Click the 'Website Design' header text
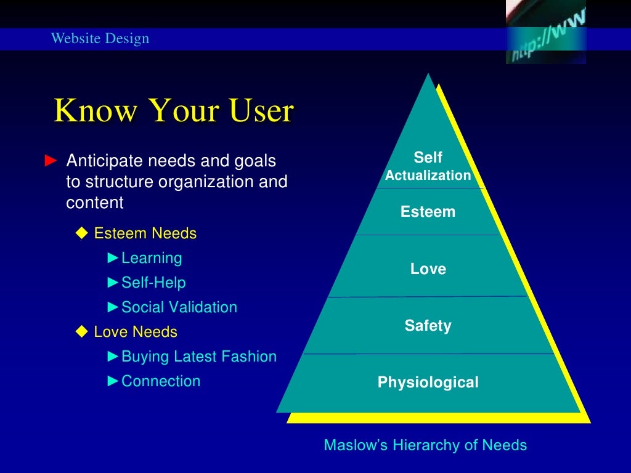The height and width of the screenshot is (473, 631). [x=100, y=39]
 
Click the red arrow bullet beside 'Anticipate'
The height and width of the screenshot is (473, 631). [x=51, y=161]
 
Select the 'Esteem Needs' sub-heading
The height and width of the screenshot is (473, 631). [x=145, y=233]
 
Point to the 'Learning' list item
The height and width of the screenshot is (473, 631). [x=152, y=258]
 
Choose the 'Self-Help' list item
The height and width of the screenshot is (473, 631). [x=153, y=283]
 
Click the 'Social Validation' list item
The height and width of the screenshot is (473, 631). [x=179, y=307]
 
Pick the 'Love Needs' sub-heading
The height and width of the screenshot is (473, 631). [x=136, y=332]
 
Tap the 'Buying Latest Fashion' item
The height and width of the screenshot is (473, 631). [x=199, y=357]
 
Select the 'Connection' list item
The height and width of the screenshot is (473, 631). [x=161, y=381]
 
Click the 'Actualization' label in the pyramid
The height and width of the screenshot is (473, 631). [x=428, y=176]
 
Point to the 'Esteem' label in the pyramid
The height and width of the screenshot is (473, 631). [x=428, y=212]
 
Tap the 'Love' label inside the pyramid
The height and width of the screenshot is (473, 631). [x=428, y=269]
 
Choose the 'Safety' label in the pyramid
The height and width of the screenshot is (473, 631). [x=428, y=325]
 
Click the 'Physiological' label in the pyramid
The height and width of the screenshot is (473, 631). [x=428, y=382]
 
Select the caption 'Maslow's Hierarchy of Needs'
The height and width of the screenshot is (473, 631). [x=426, y=445]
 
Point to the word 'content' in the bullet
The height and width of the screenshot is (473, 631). [x=95, y=203]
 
